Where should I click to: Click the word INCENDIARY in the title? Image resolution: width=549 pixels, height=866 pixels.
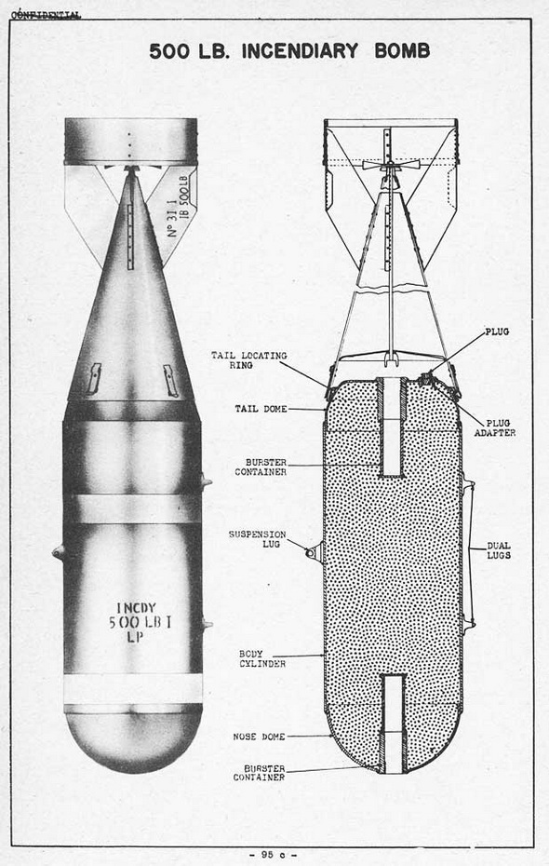pos(300,51)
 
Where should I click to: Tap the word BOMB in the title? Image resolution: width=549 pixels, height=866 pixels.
pos(402,51)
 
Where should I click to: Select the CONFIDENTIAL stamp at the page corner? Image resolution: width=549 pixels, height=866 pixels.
pos(46,14)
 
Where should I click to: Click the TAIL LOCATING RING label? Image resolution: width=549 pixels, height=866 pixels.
pos(248,360)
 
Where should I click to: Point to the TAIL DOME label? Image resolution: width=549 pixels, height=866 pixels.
pos(261,409)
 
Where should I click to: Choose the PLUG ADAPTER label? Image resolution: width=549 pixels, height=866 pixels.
pos(495,428)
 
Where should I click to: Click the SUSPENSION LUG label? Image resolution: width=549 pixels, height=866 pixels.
pos(257,539)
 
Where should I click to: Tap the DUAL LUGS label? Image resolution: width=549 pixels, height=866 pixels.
pos(499,550)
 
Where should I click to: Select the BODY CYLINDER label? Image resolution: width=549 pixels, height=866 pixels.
pos(262,658)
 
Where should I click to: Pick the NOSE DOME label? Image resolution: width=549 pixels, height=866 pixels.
pos(259,737)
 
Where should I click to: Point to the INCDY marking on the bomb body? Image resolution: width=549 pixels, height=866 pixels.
pos(137,608)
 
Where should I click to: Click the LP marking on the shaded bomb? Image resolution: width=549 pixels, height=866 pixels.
pos(135,637)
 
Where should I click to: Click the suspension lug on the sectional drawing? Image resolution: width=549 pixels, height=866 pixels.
pos(315,552)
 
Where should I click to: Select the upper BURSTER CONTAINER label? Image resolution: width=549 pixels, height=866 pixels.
pos(261,467)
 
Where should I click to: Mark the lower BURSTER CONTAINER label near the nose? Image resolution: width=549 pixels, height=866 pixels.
pos(259,773)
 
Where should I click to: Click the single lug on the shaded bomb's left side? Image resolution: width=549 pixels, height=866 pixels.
pos(59,552)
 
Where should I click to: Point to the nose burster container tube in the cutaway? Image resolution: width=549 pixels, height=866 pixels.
pos(394,724)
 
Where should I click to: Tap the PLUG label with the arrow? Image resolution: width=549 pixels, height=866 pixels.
pos(497,332)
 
